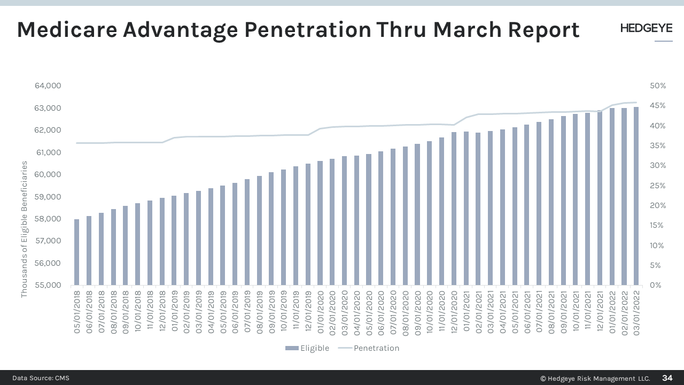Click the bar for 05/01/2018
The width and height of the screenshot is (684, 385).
pos(76,252)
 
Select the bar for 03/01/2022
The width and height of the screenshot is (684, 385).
pos(636,196)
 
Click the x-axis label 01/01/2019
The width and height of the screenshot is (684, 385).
pos(174,312)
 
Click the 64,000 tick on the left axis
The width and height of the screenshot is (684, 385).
pos(48,86)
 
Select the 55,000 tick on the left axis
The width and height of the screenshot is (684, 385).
pos(48,285)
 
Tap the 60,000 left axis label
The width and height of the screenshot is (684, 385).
pos(48,174)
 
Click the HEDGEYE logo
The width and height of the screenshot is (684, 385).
pos(646,29)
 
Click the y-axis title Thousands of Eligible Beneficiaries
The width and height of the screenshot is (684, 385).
pos(24,230)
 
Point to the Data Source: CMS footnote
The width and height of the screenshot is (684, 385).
pos(41,378)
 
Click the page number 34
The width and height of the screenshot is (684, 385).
pos(667,378)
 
